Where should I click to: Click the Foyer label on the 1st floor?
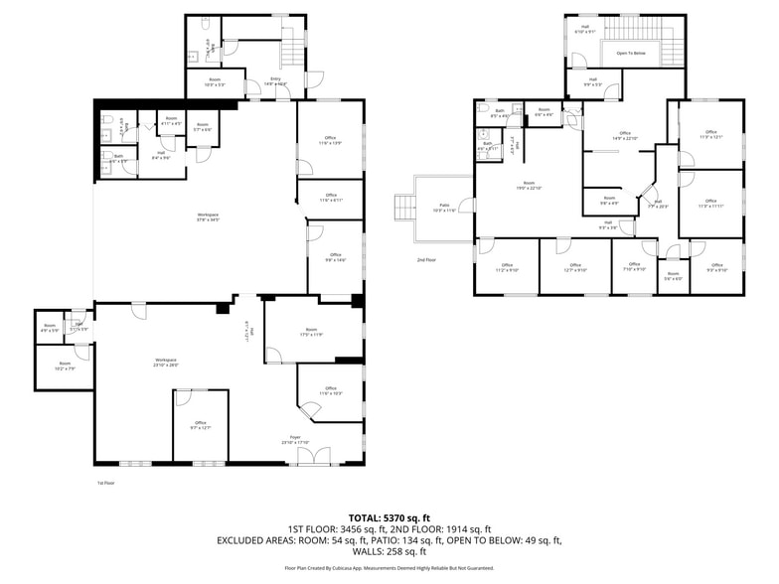(295, 440)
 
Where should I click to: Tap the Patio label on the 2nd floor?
(443, 208)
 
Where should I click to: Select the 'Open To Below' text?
(633, 53)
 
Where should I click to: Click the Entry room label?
(275, 81)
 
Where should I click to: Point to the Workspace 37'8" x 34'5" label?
(208, 217)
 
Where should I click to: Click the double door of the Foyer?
(317, 456)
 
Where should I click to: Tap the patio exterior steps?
(402, 208)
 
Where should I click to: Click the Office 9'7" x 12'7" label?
(200, 424)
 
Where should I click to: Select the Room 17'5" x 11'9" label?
(311, 332)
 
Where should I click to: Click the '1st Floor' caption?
(106, 483)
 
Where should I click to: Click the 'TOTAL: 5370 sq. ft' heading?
(389, 517)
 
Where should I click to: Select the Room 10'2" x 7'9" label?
(65, 365)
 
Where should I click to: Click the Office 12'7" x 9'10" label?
(575, 267)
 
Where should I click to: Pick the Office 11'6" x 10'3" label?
(331, 391)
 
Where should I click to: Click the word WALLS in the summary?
(370, 551)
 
